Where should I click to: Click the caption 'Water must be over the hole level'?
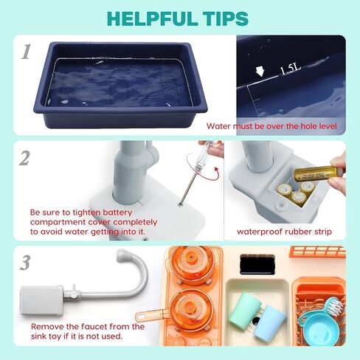pyautogui.click(x=271, y=126)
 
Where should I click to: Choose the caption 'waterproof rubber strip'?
pyautogui.click(x=285, y=232)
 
